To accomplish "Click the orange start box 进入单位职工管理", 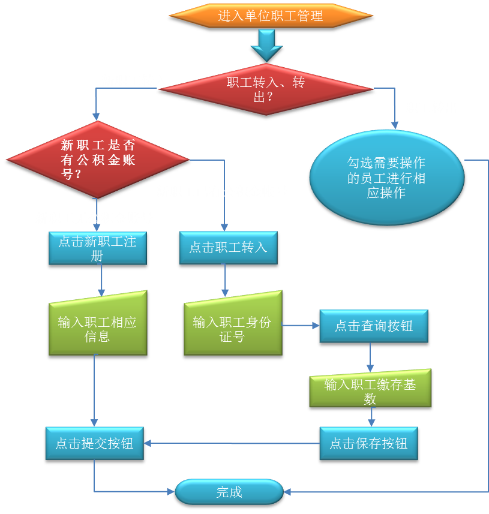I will coord(270,16).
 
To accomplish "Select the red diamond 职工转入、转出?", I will coord(266,89).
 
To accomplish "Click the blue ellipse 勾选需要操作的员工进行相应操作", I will coord(386,178).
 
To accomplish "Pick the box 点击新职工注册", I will coord(97,248).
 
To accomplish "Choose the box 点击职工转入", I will coord(228,247).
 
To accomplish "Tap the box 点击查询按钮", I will coord(373,326).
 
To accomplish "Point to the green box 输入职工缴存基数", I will coord(370,391).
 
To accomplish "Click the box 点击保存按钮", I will coord(368,443).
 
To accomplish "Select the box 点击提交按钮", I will coord(94,443).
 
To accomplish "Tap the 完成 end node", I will coord(229,492).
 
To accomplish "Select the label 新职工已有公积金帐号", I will coord(221,192).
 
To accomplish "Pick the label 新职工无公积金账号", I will coord(94,218).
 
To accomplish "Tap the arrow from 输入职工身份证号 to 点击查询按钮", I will coord(300,326).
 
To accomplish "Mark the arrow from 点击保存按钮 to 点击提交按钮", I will coord(231,444).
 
